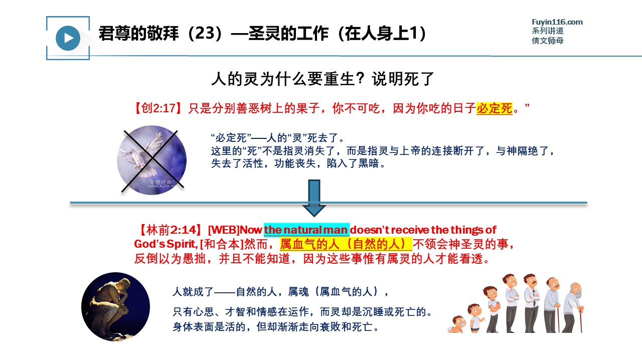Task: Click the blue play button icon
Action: pos(68,38)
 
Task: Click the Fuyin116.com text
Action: pos(557,22)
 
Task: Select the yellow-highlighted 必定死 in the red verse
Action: pos(494,109)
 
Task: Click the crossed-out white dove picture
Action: pos(152,160)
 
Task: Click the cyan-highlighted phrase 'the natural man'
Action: pos(306,230)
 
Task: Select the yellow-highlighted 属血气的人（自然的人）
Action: pos(346,244)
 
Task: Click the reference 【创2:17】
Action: pos(158,108)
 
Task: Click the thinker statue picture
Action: pos(115,306)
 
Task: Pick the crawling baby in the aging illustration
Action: pos(457,324)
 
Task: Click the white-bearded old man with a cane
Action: pos(573,308)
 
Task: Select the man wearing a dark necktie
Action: pos(532,303)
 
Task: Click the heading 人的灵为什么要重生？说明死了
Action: pos(323,79)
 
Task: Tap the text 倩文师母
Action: pos(548,41)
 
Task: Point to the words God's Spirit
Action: pos(166,244)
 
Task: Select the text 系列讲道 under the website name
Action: pos(548,31)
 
